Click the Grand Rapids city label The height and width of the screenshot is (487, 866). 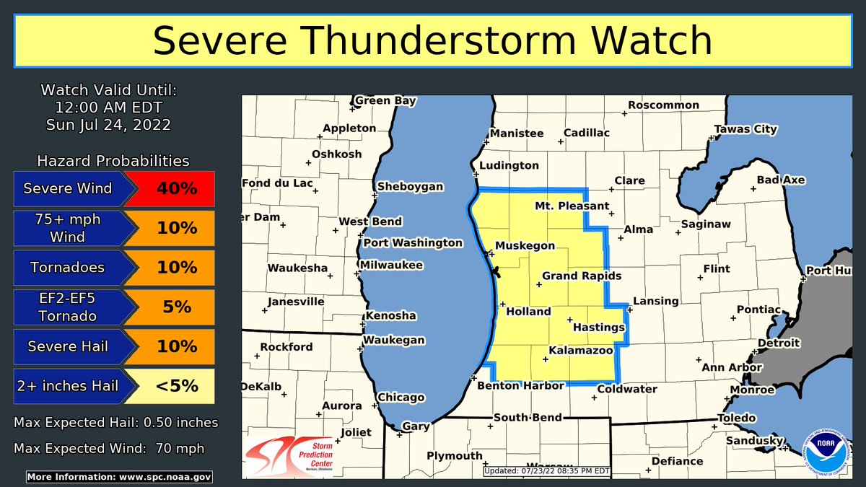tap(581, 276)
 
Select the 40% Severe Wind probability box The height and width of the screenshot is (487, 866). tap(169, 189)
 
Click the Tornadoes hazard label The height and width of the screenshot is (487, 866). tap(67, 268)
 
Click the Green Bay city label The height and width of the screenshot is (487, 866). tap(385, 101)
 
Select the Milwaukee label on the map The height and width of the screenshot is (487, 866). tap(393, 266)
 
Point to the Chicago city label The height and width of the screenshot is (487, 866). tap(401, 398)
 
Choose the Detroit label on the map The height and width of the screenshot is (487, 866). tap(779, 343)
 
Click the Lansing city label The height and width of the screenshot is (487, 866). tap(655, 301)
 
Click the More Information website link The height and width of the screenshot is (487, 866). tap(119, 477)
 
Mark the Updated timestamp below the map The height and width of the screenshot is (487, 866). tap(547, 471)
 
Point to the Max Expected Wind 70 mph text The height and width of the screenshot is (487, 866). tap(109, 448)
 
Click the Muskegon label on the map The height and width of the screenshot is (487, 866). tap(525, 246)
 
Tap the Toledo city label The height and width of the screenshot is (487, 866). tap(736, 418)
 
